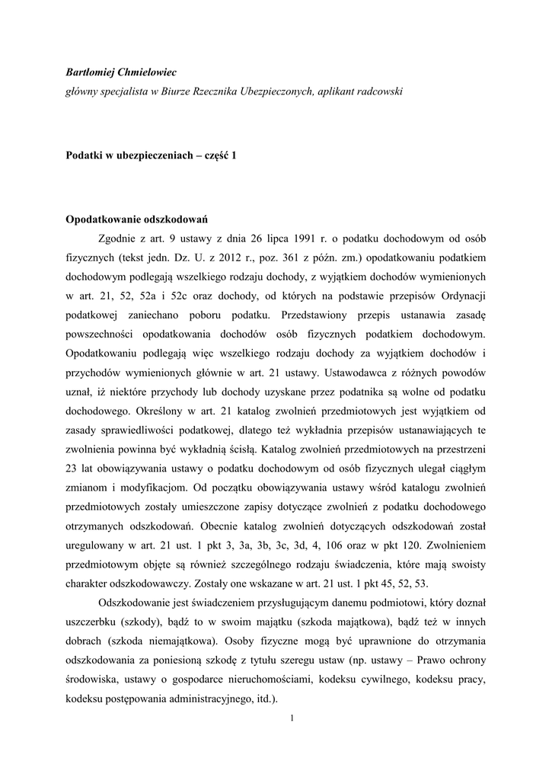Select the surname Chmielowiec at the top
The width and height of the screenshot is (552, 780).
coord(147,72)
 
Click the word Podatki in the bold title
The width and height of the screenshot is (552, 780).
coord(85,155)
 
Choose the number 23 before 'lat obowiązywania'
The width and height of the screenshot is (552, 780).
coord(72,466)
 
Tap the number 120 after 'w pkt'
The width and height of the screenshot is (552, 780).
coord(416,545)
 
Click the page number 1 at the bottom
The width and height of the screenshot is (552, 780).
coord(292,718)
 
